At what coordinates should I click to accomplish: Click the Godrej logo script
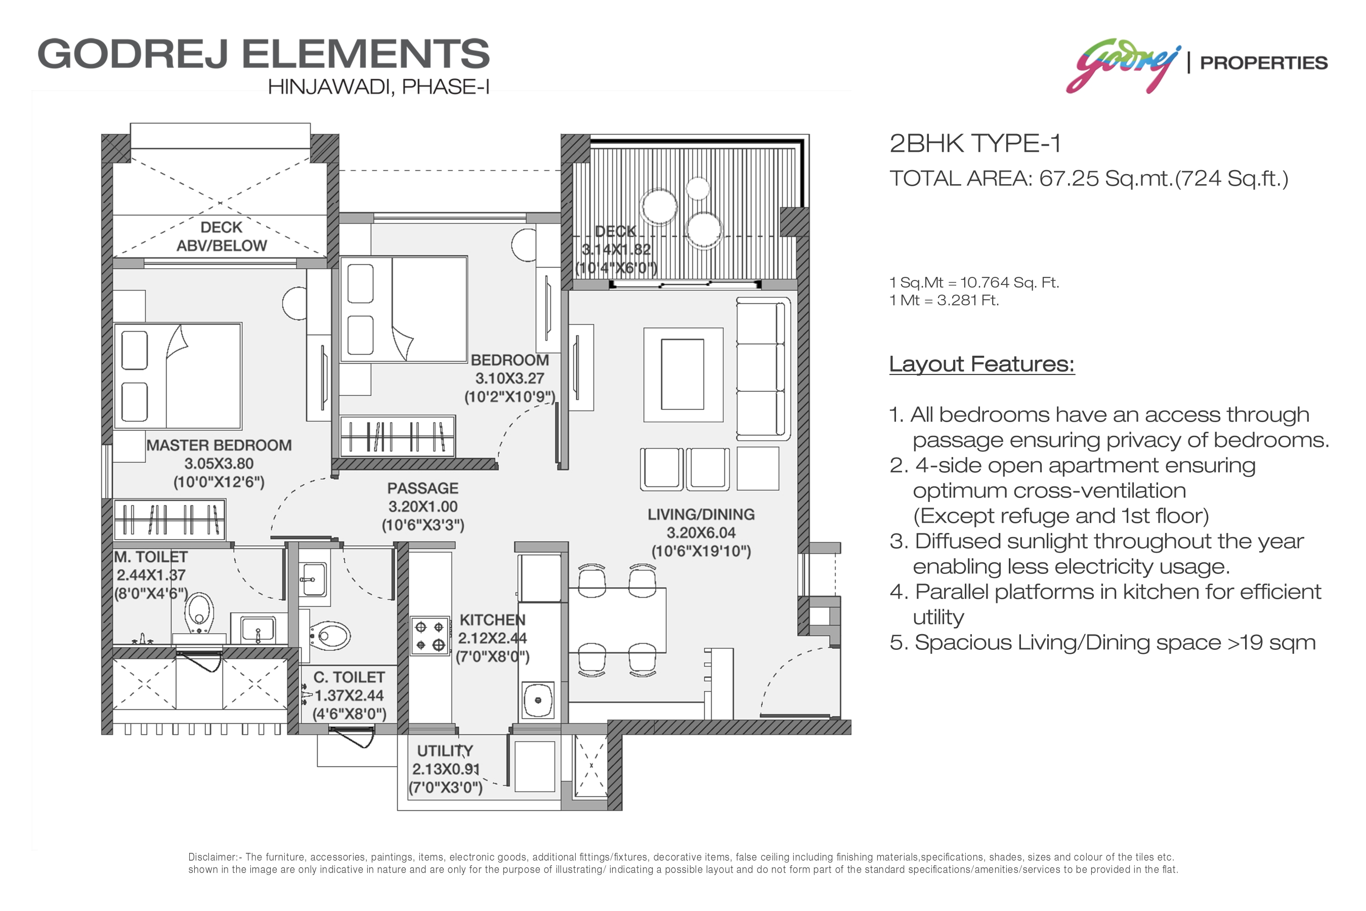pos(1123,65)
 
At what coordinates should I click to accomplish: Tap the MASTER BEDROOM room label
pos(219,445)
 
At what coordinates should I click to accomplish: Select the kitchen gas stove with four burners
pos(430,636)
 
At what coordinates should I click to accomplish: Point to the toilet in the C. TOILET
pos(329,637)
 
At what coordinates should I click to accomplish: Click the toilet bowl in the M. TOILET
pos(199,612)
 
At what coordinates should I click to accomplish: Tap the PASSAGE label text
pos(423,488)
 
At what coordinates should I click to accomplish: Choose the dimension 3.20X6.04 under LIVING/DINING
pos(701,533)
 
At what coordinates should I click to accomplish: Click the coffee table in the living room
pos(683,375)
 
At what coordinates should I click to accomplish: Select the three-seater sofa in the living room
pos(763,368)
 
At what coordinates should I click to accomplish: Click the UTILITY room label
pos(445,751)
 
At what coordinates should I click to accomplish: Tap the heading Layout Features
pos(982,364)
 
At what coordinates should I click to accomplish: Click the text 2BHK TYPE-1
pos(975,144)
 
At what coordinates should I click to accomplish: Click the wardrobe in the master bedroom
pos(169,519)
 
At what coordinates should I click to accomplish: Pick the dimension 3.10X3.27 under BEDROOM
pos(509,379)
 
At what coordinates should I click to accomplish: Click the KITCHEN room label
pos(492,620)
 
